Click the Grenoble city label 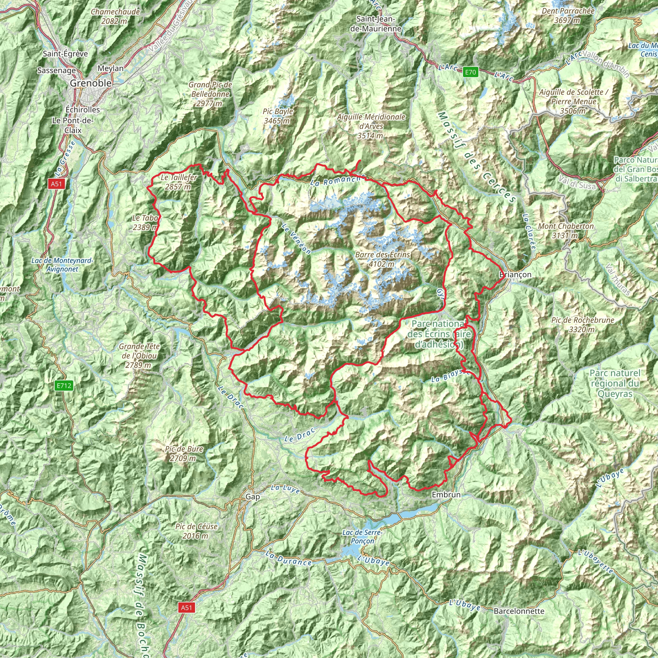point(91,83)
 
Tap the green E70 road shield point(470,72)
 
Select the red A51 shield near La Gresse point(56,184)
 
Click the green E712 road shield point(64,386)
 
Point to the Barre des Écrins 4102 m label point(382,259)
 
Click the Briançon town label point(515,274)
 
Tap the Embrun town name point(446,494)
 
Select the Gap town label point(253,497)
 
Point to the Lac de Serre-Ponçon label point(363,537)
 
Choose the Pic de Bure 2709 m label point(184,454)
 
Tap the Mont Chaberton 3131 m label point(566,231)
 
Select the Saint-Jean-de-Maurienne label point(376,23)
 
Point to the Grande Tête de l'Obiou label point(139,356)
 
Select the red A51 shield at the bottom point(186,607)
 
